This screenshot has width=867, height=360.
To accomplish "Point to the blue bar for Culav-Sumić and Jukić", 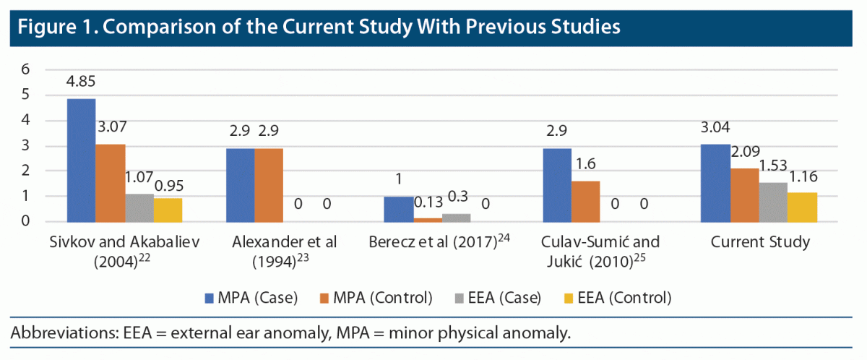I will tap(556, 184).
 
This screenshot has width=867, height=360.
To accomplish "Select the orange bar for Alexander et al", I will tap(268, 184).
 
